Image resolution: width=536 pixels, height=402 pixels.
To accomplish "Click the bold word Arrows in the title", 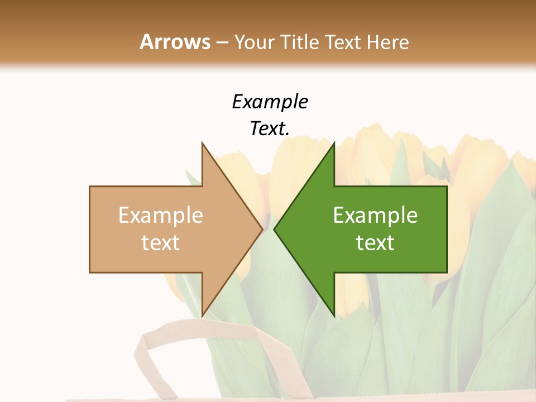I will pos(175,42).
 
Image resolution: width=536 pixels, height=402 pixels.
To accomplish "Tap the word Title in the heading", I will pos(300,42).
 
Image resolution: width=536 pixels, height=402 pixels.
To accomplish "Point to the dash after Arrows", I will pos(222,43).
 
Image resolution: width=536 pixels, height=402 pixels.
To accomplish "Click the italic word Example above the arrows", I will pos(270,102).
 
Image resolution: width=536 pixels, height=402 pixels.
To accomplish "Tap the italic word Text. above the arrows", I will pos(270,128).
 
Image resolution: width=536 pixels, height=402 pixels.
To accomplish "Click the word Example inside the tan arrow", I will pos(161,216).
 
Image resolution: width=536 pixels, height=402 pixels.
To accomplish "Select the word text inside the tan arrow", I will pos(161,243).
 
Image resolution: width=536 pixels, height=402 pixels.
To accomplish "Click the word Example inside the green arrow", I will pos(375,216).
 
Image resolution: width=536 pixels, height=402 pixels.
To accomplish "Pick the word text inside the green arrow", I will pos(375,243).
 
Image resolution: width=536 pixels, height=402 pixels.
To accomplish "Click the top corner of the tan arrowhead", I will pos(203,143).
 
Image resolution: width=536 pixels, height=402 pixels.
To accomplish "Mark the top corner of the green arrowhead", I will pos(333,143).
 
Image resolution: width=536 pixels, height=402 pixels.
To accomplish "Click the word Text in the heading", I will pos(342,42).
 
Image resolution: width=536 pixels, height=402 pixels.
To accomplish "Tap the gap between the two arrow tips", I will pos(268,229).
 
